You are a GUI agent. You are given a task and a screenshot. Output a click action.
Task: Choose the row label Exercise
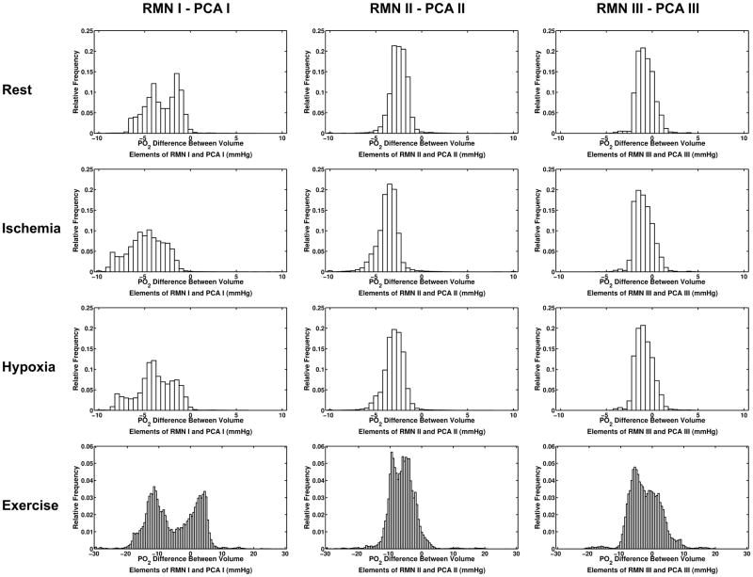click(x=34, y=505)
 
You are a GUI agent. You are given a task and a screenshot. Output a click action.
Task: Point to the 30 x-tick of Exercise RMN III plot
click(x=745, y=555)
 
